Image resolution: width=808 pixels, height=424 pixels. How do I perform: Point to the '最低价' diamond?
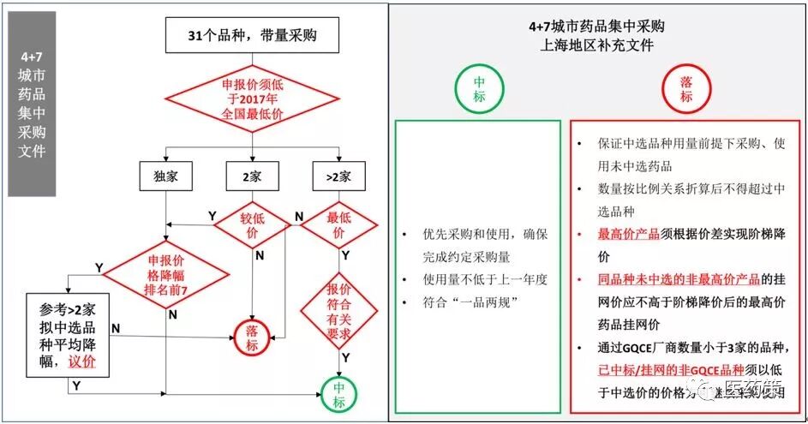[x=338, y=225]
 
